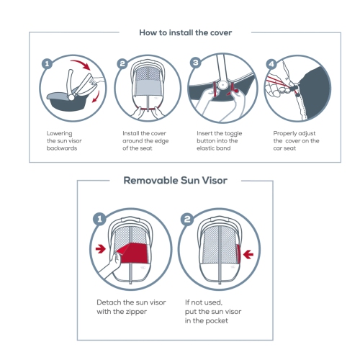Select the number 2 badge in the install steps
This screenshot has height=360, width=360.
(122, 63)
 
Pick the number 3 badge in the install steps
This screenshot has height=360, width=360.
(194, 63)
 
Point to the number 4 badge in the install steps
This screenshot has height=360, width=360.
(271, 63)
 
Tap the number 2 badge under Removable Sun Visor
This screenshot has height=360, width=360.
(187, 217)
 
